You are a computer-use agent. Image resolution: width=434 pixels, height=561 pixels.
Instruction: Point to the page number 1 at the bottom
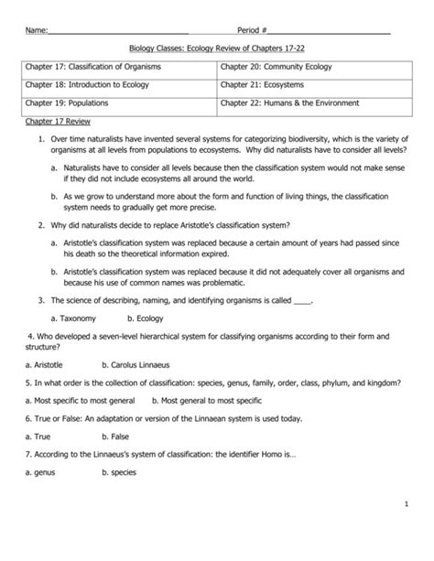(404, 531)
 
